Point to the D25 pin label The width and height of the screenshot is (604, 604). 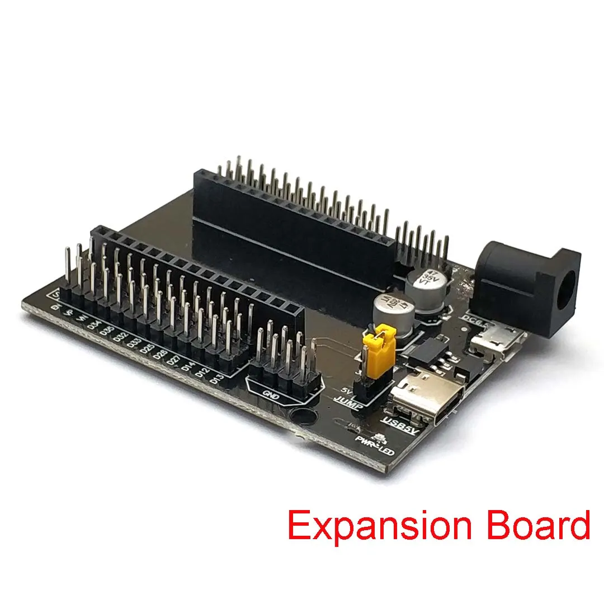tap(147, 348)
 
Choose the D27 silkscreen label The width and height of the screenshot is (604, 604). tap(174, 360)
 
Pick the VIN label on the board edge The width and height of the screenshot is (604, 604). tap(82, 318)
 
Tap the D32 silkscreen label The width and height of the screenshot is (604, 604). tap(121, 336)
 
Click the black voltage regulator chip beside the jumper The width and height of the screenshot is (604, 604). tap(428, 352)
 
